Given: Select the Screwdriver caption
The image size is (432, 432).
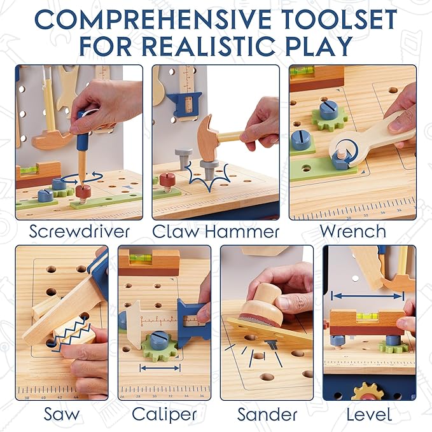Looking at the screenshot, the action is click(80, 232).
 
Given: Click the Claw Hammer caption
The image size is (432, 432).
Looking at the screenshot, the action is click(216, 232).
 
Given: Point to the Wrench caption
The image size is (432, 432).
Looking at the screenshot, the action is click(353, 231).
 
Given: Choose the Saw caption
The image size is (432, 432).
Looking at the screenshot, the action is click(61, 414).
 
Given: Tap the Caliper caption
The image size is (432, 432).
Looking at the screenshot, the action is click(164, 415).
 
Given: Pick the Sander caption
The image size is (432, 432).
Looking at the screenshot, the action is click(267, 414).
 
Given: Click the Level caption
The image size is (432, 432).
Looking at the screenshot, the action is click(369, 414).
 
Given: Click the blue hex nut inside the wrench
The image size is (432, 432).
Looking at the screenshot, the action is click(340, 160).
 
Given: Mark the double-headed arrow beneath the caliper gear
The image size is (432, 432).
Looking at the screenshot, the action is click(160, 368).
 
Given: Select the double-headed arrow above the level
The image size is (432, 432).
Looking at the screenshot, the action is click(368, 296).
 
